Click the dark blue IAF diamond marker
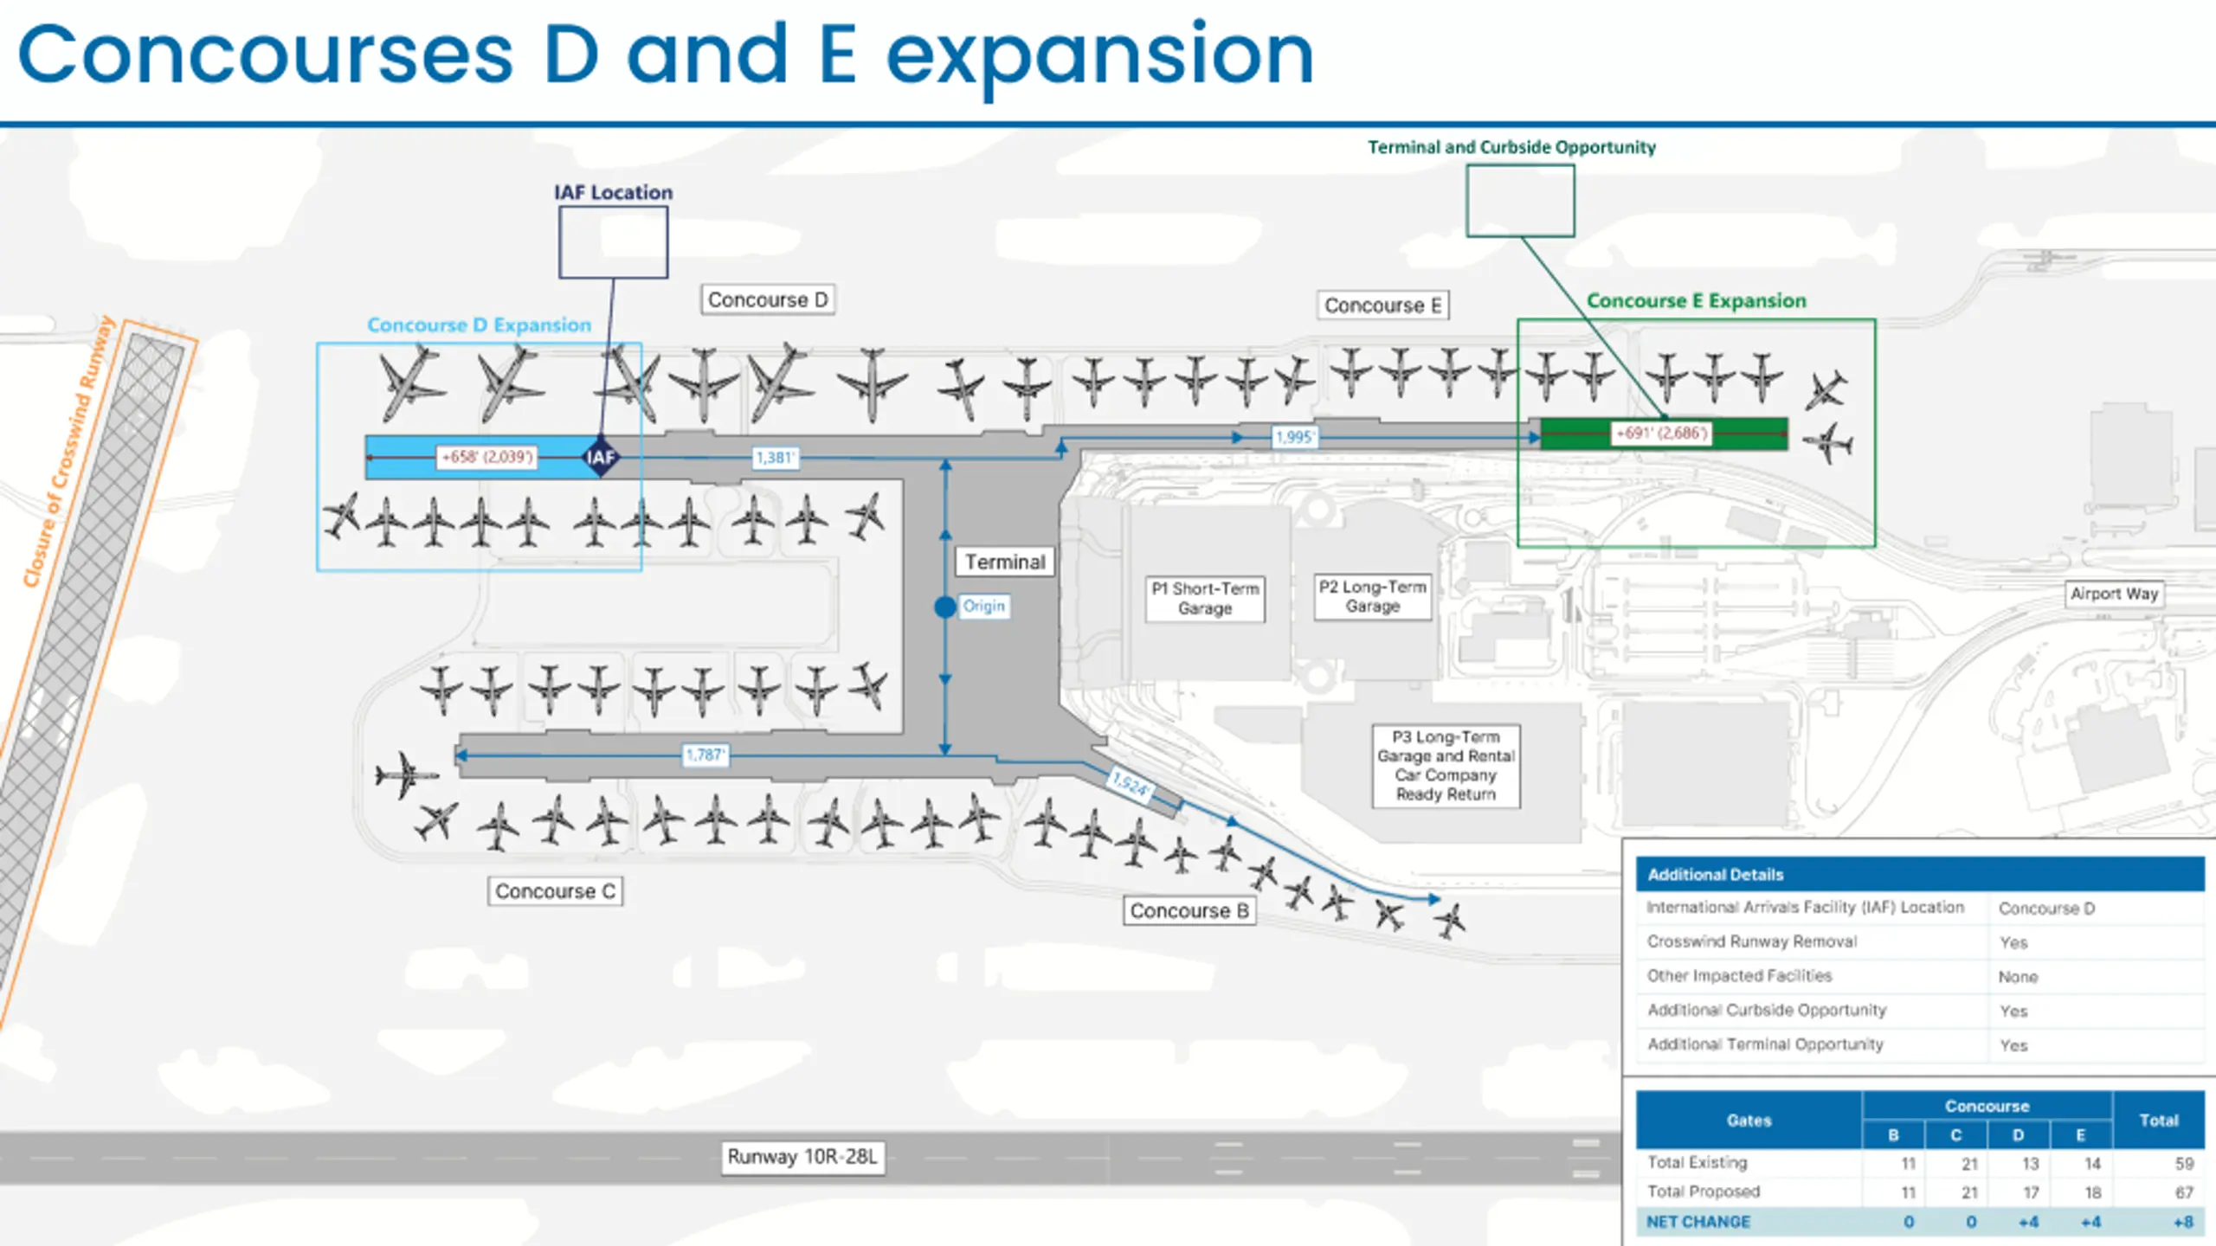tap(601, 457)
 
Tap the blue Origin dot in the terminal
tap(945, 607)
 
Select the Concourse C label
tap(555, 891)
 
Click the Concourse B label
tap(1189, 910)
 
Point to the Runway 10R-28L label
tap(802, 1157)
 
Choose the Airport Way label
tap(2114, 594)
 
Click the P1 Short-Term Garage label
tap(1205, 598)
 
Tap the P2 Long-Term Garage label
tap(1372, 596)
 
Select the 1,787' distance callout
tap(705, 755)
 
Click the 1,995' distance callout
tap(1294, 437)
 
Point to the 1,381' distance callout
tap(775, 457)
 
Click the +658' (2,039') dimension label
tap(487, 456)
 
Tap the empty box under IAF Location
tap(613, 242)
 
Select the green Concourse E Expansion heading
tap(1696, 300)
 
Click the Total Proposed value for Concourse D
tap(2031, 1192)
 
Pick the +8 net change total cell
tap(2183, 1222)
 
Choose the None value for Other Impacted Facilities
tap(2018, 977)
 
